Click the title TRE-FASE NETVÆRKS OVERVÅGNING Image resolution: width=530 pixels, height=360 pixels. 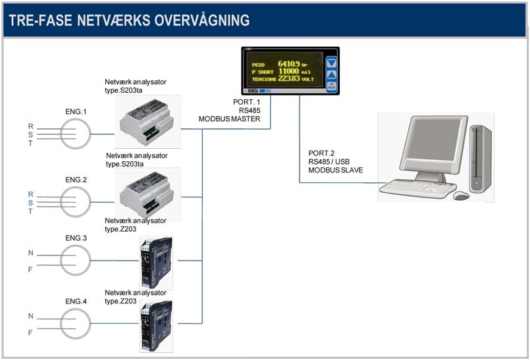pyautogui.click(x=129, y=20)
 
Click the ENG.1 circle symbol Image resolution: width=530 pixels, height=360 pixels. pyautogui.click(x=75, y=134)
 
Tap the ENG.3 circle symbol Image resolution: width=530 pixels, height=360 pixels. pyautogui.click(x=75, y=261)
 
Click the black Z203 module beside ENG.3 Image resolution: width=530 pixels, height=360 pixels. pyautogui.click(x=156, y=263)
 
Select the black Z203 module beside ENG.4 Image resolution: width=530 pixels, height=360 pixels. pyautogui.click(x=156, y=326)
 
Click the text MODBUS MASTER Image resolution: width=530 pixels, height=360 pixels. pyautogui.click(x=230, y=119)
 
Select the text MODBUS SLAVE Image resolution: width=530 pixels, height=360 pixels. pyautogui.click(x=336, y=170)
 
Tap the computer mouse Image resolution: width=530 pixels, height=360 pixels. pyautogui.click(x=461, y=195)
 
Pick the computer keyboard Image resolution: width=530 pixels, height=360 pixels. pyautogui.click(x=417, y=188)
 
